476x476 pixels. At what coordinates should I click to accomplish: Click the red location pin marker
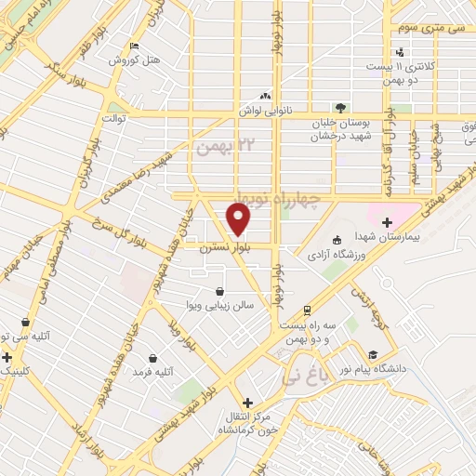(x=239, y=219)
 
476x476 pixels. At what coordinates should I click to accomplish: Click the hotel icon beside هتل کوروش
(x=136, y=46)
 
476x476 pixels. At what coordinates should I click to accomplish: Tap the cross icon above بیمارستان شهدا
(x=387, y=222)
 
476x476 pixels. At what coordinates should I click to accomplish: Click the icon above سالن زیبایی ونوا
(x=219, y=291)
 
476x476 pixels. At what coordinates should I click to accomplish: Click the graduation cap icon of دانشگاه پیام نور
(x=373, y=356)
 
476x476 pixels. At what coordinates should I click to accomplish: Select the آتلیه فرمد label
(x=153, y=373)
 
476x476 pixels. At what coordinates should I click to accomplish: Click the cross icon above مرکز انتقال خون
(x=244, y=403)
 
